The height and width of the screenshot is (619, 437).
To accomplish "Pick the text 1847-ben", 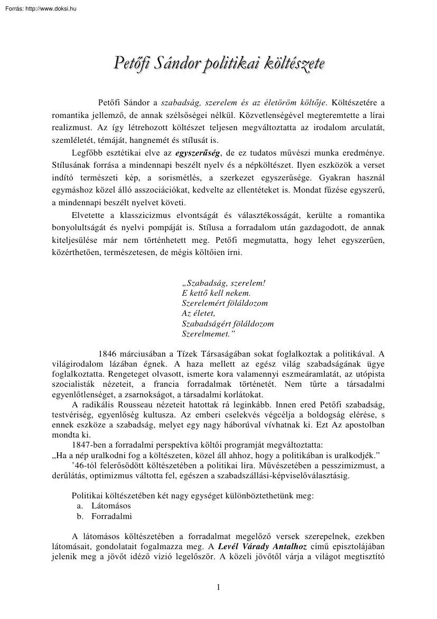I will pos(88,445).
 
